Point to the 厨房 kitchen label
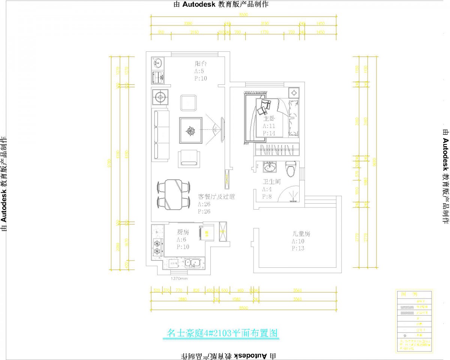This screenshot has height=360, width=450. pos(183,232)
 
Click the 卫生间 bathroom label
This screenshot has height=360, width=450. pos(272,182)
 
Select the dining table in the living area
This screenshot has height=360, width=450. pos(173,194)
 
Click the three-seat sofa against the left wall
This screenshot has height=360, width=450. pos(160,135)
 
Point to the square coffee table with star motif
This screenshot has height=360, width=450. pos(191,130)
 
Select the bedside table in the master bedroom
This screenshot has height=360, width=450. pos(294,92)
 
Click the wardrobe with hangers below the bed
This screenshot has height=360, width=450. pos(277,150)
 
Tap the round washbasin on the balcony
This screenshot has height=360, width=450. pos(158,63)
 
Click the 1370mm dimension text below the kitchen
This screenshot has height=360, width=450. pos(179,279)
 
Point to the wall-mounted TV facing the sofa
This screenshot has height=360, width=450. pos(223,130)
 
